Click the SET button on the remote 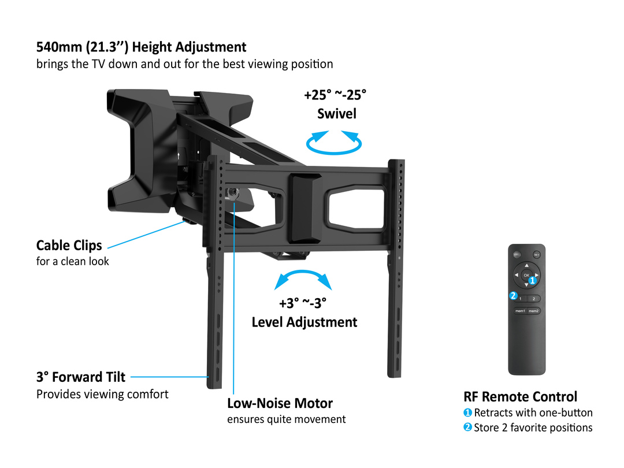(x=536, y=255)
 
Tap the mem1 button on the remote (x=520, y=311)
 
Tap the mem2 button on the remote (x=534, y=311)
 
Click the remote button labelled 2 (x=534, y=299)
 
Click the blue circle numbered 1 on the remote (x=533, y=280)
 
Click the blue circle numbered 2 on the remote (x=513, y=296)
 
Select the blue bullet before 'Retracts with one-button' (x=467, y=413)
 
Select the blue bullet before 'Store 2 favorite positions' (x=467, y=428)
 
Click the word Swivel (x=337, y=114)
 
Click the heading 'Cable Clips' (x=69, y=246)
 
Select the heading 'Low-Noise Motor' (x=280, y=403)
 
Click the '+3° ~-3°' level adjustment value (x=303, y=303)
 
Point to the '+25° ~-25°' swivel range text (x=335, y=95)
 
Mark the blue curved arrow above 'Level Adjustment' (x=303, y=272)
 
